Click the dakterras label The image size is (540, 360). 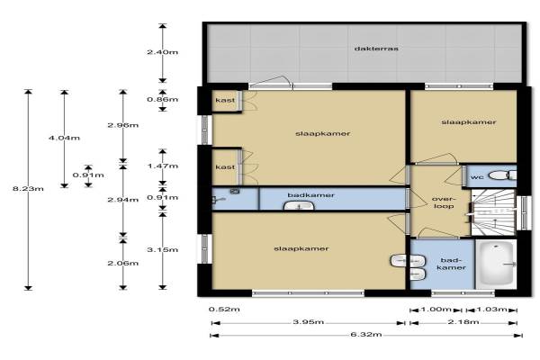pos(376,49)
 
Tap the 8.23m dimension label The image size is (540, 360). pos(28,189)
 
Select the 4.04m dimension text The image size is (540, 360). pos(65,138)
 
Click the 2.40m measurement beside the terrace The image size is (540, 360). pos(163,52)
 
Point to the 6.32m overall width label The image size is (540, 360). pos(366,335)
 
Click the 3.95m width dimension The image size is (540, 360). pos(308,322)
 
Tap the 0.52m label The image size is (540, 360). pos(224,310)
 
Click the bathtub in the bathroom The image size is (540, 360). pos(496,265)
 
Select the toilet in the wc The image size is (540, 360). pos(502,175)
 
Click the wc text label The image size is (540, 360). pos(477,177)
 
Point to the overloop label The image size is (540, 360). pos(444,202)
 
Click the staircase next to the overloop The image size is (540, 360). pos(493,212)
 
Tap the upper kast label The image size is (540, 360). pos(225,100)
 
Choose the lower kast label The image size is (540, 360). pos(225,167)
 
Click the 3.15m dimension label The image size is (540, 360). pos(163,250)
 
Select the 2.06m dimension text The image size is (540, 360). pos(123,263)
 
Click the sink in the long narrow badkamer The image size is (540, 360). pos(299,206)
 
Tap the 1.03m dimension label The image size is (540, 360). pos(491,310)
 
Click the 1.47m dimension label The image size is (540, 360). pos(163,166)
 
